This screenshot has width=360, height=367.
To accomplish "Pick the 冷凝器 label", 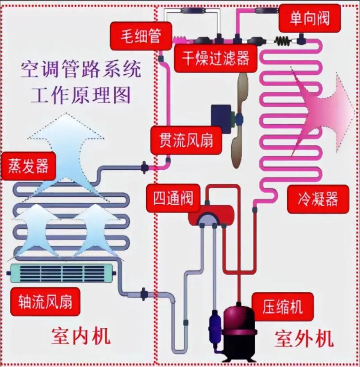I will (318, 198).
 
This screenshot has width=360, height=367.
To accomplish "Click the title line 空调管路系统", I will (81, 71).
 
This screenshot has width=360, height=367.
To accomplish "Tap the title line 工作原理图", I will (81, 95).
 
